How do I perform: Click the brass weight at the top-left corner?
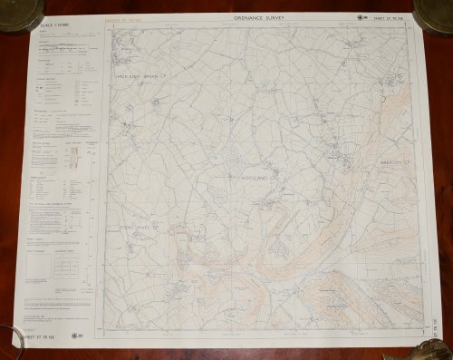pyautogui.click(x=20, y=14)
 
